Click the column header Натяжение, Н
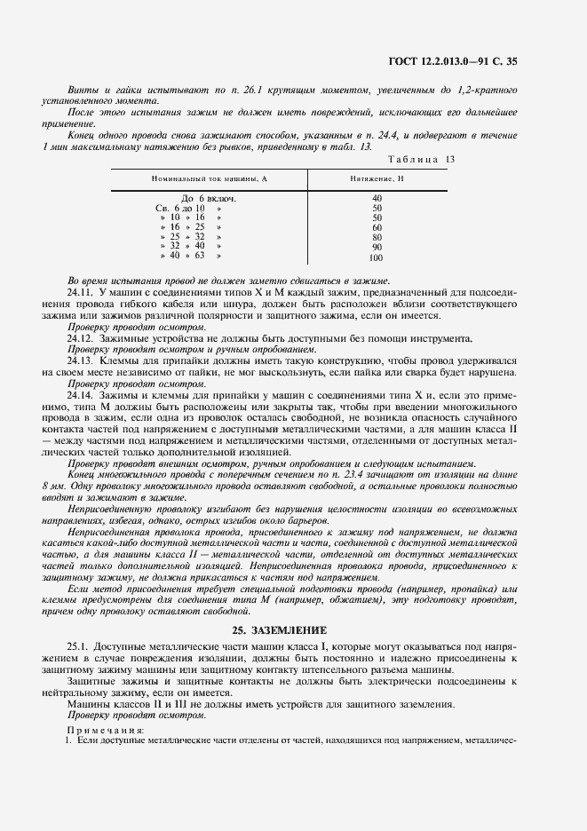click(x=377, y=178)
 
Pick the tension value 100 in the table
click(x=376, y=258)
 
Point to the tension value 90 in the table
click(x=377, y=248)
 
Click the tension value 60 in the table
click(x=377, y=227)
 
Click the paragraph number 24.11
click(x=81, y=291)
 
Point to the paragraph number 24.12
click(x=81, y=337)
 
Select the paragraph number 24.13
click(x=81, y=360)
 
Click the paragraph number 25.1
click(x=78, y=647)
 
